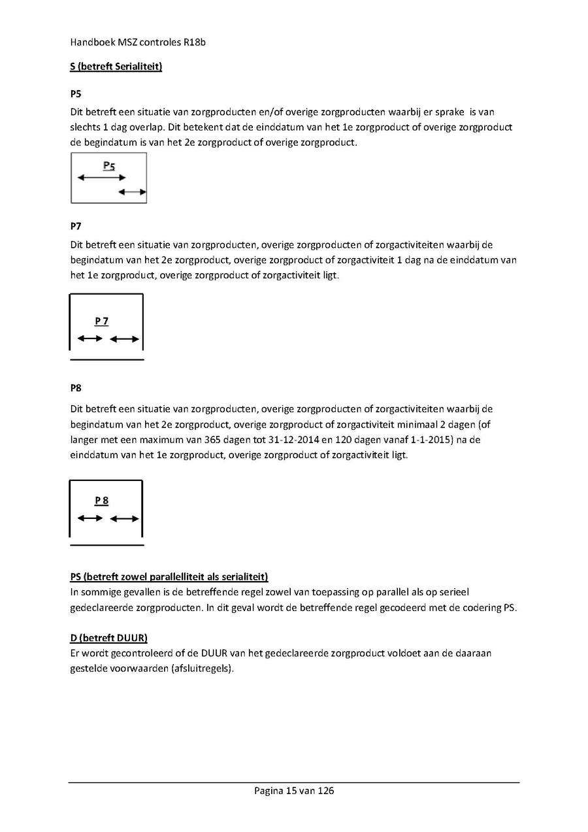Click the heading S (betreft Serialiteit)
[116, 67]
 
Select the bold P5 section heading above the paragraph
[76, 93]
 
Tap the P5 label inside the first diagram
[109, 166]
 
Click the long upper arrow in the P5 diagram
[101, 177]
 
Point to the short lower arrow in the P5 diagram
[133, 191]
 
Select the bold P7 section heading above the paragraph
[76, 226]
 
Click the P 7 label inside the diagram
[101, 321]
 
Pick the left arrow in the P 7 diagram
[90, 339]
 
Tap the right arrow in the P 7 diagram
[124, 339]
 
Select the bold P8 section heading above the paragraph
[76, 388]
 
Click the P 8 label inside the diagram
[101, 501]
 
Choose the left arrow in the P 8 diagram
[90, 518]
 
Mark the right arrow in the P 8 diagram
[124, 518]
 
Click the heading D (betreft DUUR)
[108, 637]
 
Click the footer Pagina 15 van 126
[294, 791]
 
